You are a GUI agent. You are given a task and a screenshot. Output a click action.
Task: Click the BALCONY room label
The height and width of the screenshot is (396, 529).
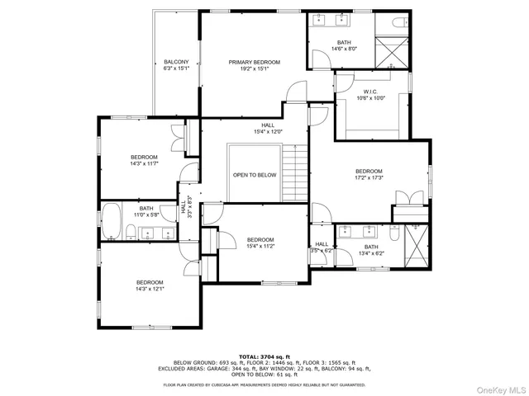pyautogui.click(x=176, y=62)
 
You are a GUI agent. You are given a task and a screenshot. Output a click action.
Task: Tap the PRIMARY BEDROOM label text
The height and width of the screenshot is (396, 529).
pyautogui.click(x=255, y=62)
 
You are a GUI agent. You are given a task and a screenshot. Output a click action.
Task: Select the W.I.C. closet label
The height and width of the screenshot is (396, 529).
pyautogui.click(x=369, y=92)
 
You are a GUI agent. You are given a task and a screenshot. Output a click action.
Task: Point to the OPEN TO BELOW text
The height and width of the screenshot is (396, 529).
pyautogui.click(x=254, y=175)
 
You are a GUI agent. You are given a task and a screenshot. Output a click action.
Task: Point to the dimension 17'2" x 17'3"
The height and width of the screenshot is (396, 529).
pyautogui.click(x=369, y=178)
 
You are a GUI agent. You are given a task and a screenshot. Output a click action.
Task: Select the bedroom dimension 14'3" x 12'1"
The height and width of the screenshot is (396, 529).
pyautogui.click(x=150, y=289)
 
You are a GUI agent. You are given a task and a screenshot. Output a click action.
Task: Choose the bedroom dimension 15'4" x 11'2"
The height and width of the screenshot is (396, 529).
pyautogui.click(x=260, y=246)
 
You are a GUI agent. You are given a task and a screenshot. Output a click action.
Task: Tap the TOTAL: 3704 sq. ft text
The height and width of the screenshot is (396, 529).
pyautogui.click(x=264, y=356)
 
